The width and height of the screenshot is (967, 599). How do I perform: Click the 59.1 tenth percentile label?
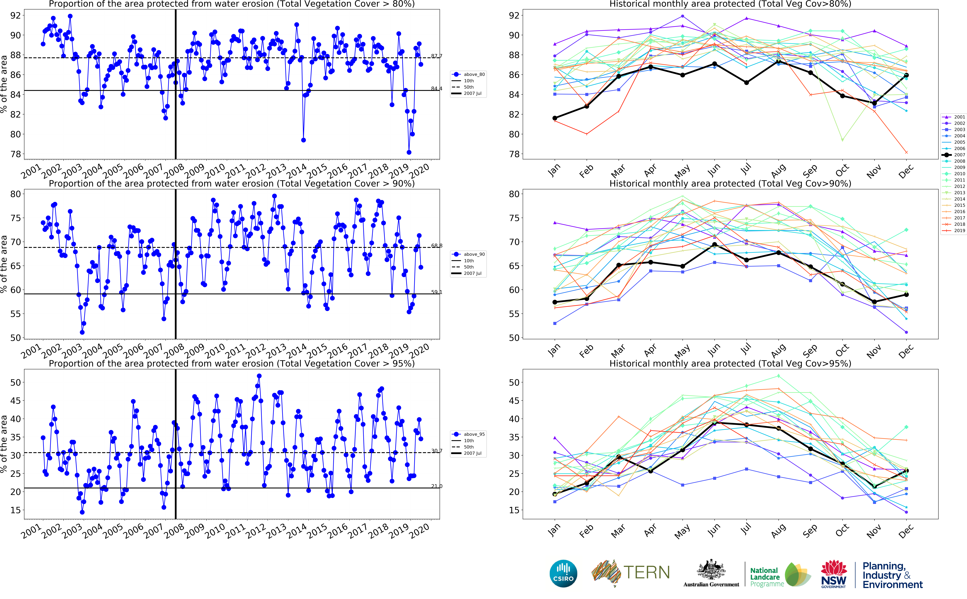click(x=437, y=292)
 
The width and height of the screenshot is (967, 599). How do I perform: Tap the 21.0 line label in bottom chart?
click(x=437, y=486)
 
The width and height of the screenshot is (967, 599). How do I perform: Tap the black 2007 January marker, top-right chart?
click(x=555, y=118)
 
